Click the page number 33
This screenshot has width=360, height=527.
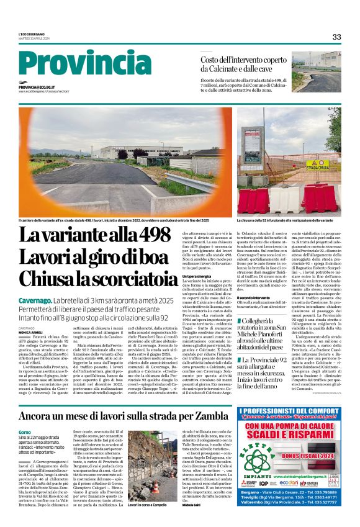coord(336,37)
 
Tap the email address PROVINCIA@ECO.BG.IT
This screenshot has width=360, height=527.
coord(37,88)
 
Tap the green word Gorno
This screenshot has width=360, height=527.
coord(25,431)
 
